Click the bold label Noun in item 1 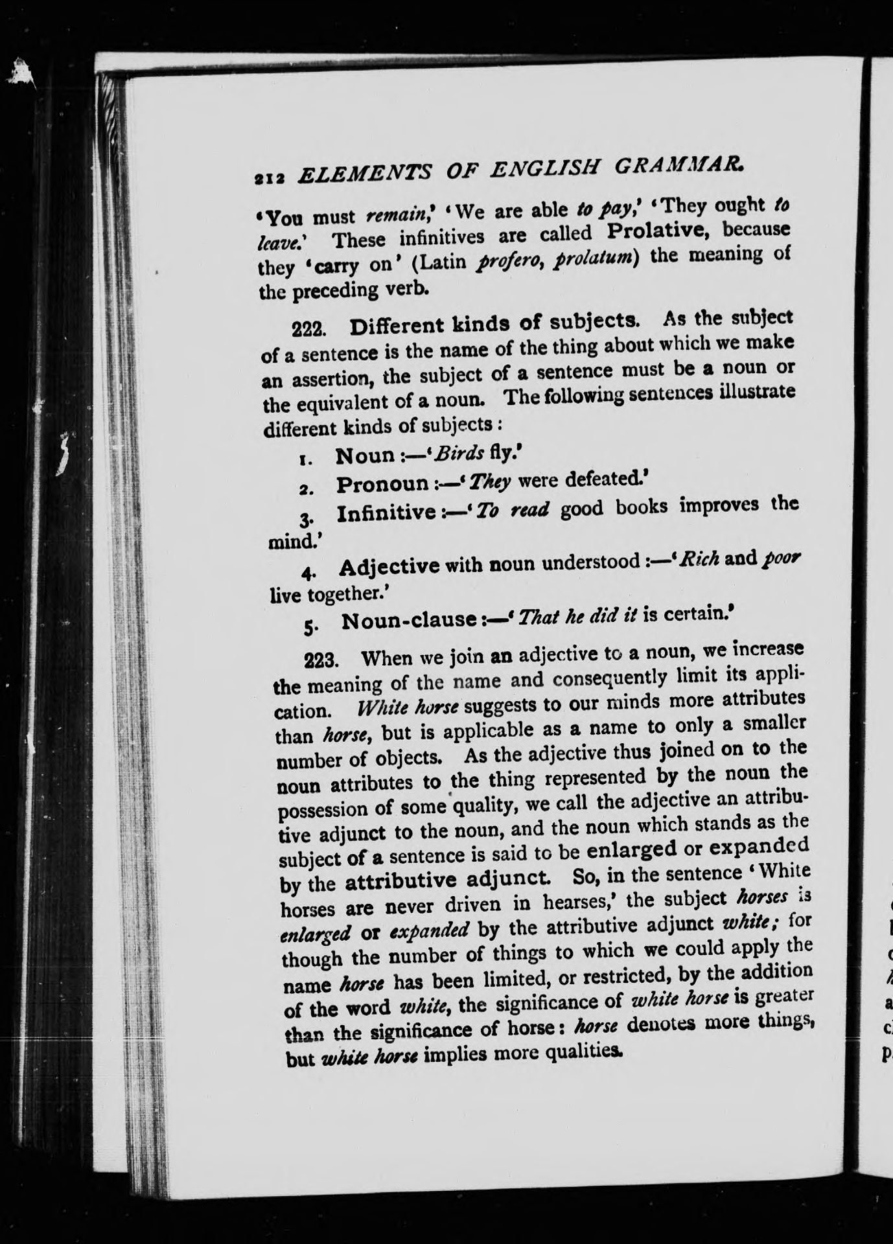coord(364,455)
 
